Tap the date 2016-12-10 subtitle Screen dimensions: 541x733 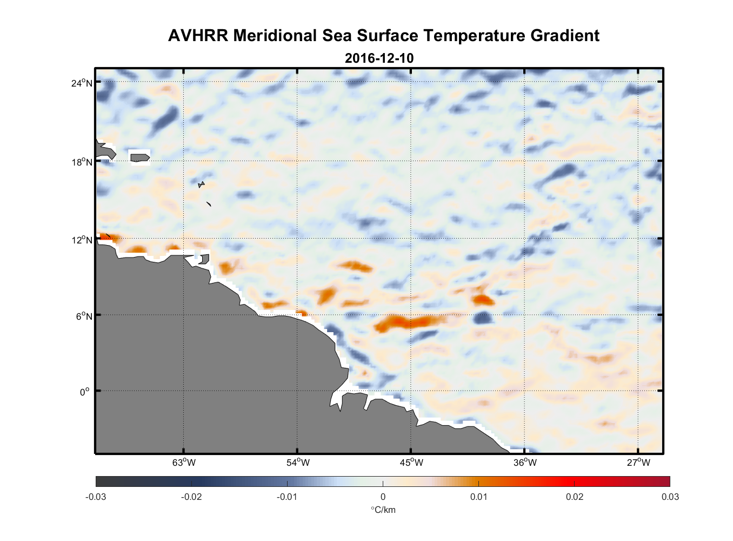coord(379,58)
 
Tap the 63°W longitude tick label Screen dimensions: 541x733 coord(184,463)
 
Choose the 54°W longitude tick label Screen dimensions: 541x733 coord(298,463)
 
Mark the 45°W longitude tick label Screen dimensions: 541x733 coord(411,463)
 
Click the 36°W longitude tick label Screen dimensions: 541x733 coord(525,463)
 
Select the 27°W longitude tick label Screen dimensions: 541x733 coord(638,463)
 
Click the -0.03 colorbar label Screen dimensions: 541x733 coord(96,497)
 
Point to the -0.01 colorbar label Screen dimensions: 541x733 coord(287,497)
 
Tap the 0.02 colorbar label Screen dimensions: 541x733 coord(575,497)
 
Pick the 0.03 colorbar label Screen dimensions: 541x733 coord(670,497)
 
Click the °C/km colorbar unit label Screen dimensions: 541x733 coord(383,510)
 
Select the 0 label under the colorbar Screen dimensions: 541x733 coord(383,497)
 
